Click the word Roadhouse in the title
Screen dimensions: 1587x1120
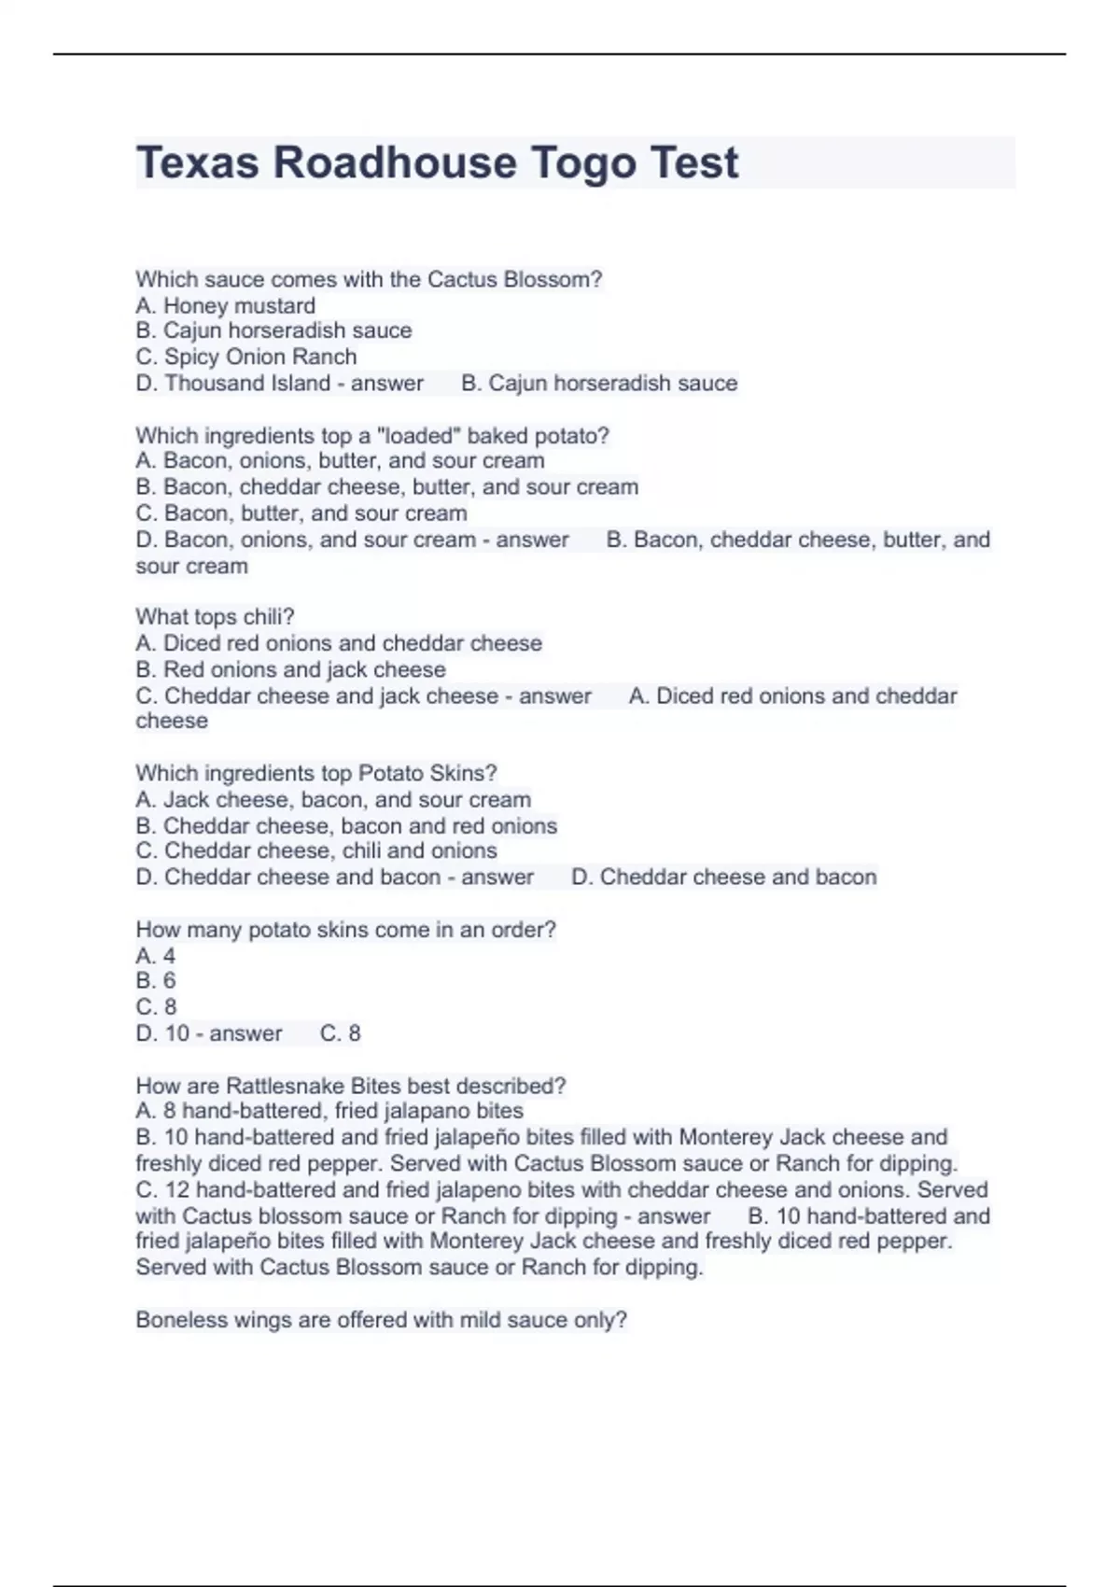pos(395,163)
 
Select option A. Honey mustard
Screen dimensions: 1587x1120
pos(226,305)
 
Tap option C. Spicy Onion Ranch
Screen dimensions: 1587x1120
pos(246,357)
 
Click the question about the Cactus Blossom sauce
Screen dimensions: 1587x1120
pos(369,279)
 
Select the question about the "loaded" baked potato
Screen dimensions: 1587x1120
pos(372,435)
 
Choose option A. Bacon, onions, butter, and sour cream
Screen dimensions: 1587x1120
pos(340,460)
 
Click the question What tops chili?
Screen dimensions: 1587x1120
pos(215,616)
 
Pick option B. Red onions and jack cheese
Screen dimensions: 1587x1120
pos(290,669)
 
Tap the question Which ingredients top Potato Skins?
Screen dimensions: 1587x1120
pos(316,773)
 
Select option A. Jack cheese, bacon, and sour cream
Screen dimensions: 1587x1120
pos(333,799)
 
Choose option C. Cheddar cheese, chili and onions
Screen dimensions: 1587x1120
pos(316,850)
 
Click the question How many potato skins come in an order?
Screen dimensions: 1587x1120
pos(345,929)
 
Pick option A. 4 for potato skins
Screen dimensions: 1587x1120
pos(156,955)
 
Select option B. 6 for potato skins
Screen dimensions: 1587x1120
pos(156,980)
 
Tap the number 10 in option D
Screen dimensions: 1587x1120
pos(177,1033)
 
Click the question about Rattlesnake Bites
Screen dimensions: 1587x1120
pos(351,1086)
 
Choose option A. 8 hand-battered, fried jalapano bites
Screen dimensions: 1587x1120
pos(329,1111)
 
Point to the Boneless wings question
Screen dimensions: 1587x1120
pos(381,1320)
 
